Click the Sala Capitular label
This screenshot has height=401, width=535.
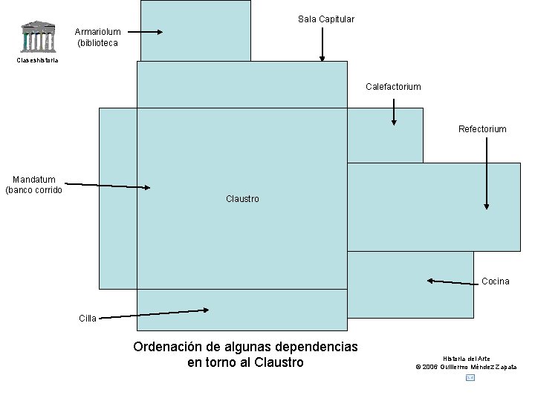tap(325, 19)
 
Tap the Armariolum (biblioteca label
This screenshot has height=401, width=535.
tap(97, 37)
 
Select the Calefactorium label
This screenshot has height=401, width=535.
tap(393, 87)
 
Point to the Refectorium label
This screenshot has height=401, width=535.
tap(482, 129)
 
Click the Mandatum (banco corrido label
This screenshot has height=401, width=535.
tap(33, 184)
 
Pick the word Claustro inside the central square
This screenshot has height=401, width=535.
tap(242, 199)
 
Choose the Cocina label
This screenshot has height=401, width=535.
tap(495, 281)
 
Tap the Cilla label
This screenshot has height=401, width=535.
tap(88, 319)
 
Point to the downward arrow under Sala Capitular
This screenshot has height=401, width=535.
tap(322, 44)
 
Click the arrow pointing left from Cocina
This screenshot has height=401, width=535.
tap(453, 281)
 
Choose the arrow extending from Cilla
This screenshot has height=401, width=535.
tap(153, 314)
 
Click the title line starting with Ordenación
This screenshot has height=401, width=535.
tap(245, 347)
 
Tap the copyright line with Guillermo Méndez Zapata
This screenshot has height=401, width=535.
tap(466, 367)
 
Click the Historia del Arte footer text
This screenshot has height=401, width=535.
tap(467, 359)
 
